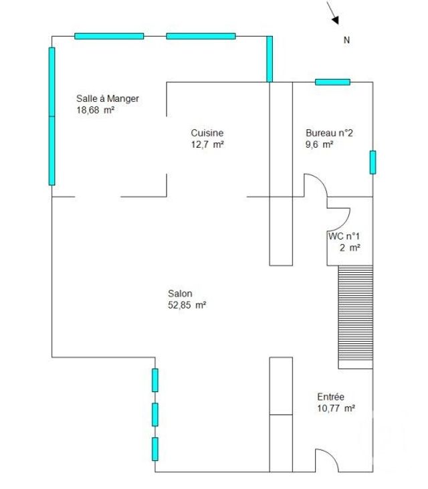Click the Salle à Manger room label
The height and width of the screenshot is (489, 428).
(x=107, y=99)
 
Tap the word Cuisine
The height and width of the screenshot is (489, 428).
(x=207, y=133)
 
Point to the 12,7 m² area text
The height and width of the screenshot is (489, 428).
(x=207, y=144)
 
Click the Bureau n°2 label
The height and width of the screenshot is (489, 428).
(x=329, y=133)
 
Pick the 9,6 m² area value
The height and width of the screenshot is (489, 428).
(x=320, y=144)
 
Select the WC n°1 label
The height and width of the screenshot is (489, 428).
(x=344, y=236)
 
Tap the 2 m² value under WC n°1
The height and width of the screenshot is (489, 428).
(x=350, y=248)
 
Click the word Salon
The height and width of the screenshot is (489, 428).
(x=181, y=293)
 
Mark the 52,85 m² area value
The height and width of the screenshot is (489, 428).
(x=187, y=304)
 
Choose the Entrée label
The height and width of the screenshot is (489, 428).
(x=331, y=397)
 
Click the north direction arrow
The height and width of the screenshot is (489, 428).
(x=332, y=13)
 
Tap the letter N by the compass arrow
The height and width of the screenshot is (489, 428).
(x=346, y=40)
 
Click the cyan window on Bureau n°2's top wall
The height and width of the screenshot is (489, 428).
(x=332, y=82)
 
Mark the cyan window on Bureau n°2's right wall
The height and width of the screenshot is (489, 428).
(x=372, y=163)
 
